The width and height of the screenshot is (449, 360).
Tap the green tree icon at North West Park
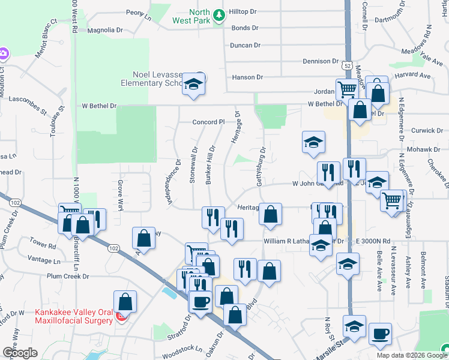pyautogui.click(x=220, y=13)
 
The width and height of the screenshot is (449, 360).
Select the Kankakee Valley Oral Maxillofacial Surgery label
pyautogui.click(x=73, y=316)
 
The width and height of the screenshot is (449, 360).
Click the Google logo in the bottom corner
pyautogui.click(x=20, y=353)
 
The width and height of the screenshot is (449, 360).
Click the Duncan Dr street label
pyautogui.click(x=245, y=45)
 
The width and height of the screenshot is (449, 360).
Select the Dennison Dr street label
pyautogui.click(x=321, y=61)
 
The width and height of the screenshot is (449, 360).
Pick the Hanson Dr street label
pyautogui.click(x=247, y=77)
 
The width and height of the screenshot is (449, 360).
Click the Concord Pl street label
pyautogui.click(x=208, y=122)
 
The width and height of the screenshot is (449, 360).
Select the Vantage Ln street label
pyautogui.click(x=44, y=261)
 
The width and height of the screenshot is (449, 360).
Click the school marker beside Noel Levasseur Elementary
pyautogui.click(x=193, y=85)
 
